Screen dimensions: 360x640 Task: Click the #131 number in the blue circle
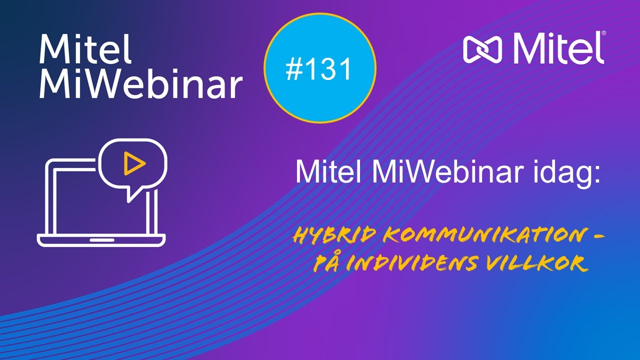319,69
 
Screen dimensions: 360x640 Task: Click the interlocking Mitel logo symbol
483,49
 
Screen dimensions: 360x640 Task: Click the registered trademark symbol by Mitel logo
603,33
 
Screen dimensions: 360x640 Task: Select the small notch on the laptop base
101,240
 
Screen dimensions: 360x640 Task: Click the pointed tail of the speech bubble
131,196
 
